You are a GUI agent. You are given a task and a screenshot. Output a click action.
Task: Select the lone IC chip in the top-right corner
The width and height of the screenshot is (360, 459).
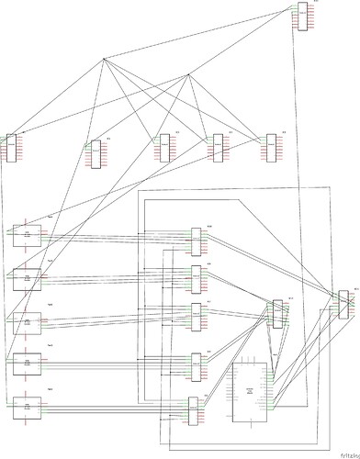[x=302, y=17]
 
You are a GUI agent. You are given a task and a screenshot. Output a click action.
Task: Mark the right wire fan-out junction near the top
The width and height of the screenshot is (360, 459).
[x=189, y=77]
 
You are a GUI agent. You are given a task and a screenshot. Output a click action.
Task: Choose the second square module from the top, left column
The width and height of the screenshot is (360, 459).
[x=28, y=276]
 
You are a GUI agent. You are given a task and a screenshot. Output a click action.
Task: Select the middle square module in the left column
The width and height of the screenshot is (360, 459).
[x=28, y=319]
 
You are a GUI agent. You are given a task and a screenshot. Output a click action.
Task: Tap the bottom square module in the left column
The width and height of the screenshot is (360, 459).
[x=28, y=406]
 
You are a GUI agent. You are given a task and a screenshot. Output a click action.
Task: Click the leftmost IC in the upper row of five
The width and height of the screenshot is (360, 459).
[x=12, y=148]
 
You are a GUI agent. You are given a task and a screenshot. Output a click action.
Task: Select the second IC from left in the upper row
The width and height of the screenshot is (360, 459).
[x=95, y=153]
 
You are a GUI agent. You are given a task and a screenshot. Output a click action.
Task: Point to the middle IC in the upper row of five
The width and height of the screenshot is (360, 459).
[x=164, y=148]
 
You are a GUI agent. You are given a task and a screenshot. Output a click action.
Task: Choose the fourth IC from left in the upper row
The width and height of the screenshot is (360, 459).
[x=218, y=148]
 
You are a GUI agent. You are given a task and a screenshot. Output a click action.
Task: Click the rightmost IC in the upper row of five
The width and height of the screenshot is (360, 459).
[x=271, y=148]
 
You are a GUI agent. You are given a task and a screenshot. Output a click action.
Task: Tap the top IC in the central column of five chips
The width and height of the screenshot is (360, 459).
[x=197, y=241]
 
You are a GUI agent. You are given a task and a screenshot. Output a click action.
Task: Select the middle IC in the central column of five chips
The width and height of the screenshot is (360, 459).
[x=197, y=317]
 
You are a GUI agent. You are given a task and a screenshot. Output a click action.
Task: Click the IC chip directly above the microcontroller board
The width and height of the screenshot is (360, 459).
[x=277, y=313]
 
